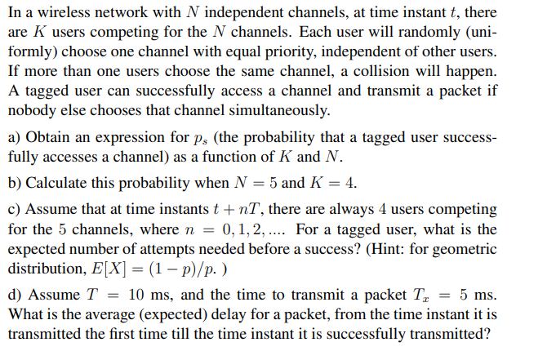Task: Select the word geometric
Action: tap(463, 249)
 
